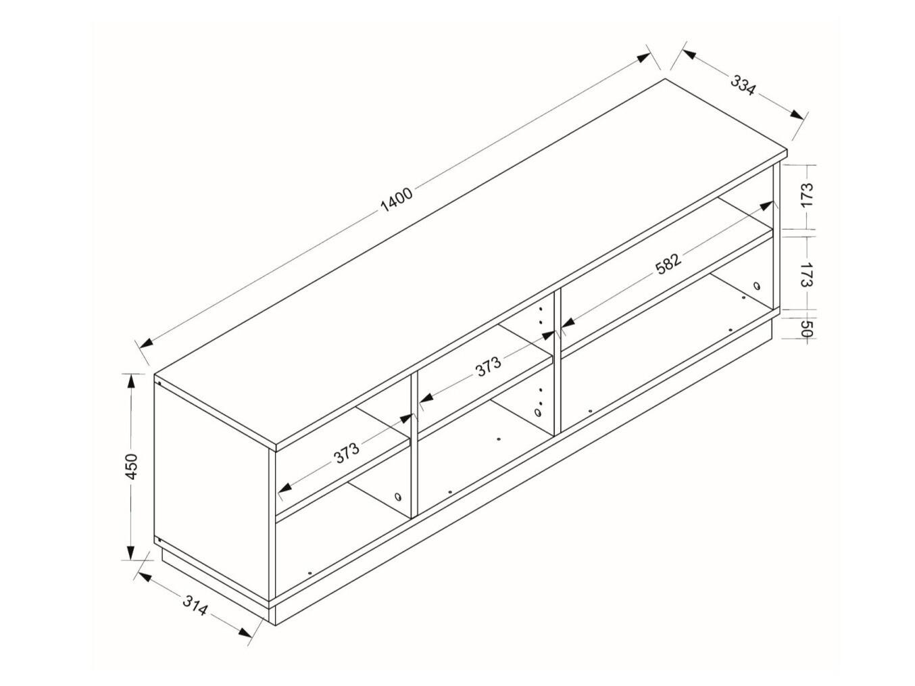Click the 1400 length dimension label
pyautogui.click(x=397, y=199)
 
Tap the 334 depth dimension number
pyautogui.click(x=743, y=85)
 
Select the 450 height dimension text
pyautogui.click(x=132, y=467)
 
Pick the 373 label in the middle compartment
pyautogui.click(x=488, y=366)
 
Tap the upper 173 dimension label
pyautogui.click(x=807, y=194)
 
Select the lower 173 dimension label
pyautogui.click(x=807, y=274)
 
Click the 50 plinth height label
pyautogui.click(x=807, y=329)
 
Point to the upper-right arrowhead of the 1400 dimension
pyautogui.click(x=643, y=58)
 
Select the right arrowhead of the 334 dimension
pyautogui.click(x=796, y=114)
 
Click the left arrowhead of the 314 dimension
pyautogui.click(x=145, y=577)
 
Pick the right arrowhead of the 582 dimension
pyautogui.click(x=766, y=206)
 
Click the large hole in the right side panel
pyautogui.click(x=757, y=287)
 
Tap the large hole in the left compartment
pyautogui.click(x=397, y=497)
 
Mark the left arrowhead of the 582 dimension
pyautogui.click(x=568, y=322)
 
